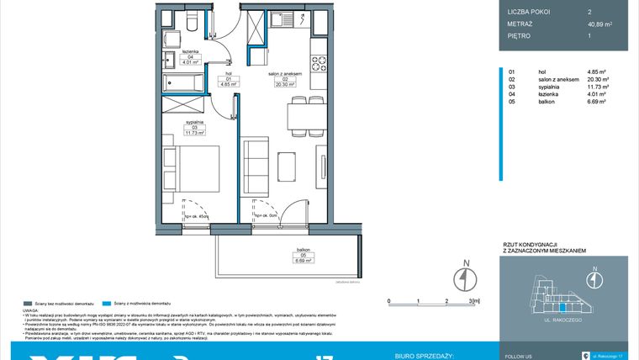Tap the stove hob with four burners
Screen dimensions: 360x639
tap(319, 62)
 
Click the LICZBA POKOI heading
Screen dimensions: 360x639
tap(530, 10)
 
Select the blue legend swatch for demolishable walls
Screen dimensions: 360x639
tap(105, 303)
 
